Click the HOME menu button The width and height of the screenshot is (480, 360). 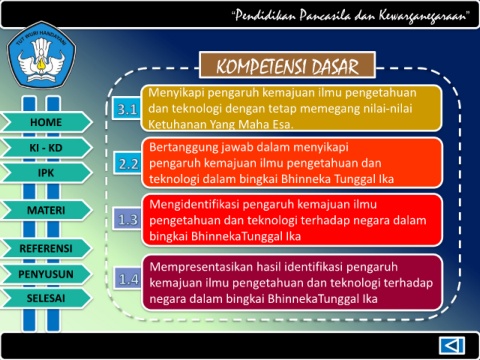[46, 122]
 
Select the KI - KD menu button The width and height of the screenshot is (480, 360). [46, 147]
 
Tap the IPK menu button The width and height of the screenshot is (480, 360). [46, 173]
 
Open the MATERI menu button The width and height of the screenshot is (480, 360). [46, 210]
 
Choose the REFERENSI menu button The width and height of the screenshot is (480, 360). [46, 248]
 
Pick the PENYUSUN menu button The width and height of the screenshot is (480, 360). [46, 274]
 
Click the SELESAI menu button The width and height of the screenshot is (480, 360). [46, 298]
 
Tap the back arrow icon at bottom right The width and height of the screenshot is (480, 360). [452, 345]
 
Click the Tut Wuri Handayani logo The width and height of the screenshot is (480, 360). [42, 55]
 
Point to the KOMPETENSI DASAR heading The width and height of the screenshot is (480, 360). [287, 65]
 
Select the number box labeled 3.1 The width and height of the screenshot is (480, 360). [127, 109]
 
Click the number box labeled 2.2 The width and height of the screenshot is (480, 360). [128, 163]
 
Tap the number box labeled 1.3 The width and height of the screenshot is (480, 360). [128, 219]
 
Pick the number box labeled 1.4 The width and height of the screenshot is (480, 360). [129, 279]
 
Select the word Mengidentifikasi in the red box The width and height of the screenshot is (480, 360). [196, 205]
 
